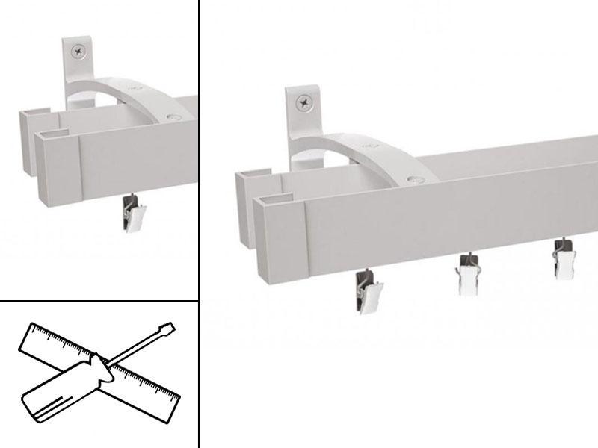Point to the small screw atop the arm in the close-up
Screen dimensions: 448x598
pyautogui.click(x=174, y=117)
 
